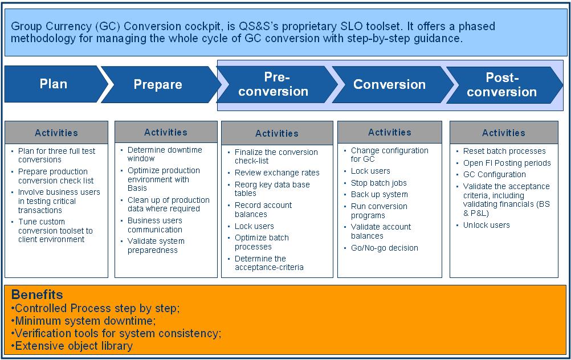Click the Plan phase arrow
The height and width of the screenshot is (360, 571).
coord(53,84)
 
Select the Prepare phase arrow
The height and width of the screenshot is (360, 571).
coord(158,84)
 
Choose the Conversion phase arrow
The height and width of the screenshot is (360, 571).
coord(390,84)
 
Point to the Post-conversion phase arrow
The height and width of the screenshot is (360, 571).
coord(502,85)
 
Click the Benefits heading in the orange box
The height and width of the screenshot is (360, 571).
coord(37,294)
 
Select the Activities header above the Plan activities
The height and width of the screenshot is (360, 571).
coord(56,133)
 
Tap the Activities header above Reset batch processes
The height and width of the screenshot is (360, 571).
coord(504,133)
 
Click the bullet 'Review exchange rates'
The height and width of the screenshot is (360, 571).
coord(277,173)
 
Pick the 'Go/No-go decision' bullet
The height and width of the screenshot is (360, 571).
coord(385,248)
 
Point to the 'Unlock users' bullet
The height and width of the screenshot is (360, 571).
coord(486,225)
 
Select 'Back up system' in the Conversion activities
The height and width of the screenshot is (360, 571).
coord(379,194)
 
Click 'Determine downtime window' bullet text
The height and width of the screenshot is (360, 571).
coord(165,154)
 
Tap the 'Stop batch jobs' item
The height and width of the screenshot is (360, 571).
coord(379,183)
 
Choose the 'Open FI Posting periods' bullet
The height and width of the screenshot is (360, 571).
coord(507,163)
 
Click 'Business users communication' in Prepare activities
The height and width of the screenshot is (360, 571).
coord(155,225)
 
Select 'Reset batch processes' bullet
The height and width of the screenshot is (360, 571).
coord(504,151)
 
